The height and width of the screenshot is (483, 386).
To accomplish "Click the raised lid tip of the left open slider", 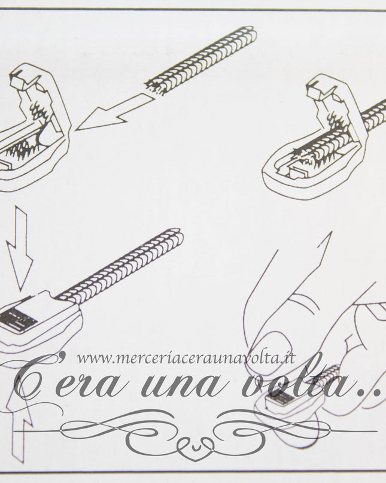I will [x=20, y=78].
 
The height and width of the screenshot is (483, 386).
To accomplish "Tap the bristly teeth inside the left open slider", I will [x=27, y=144].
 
